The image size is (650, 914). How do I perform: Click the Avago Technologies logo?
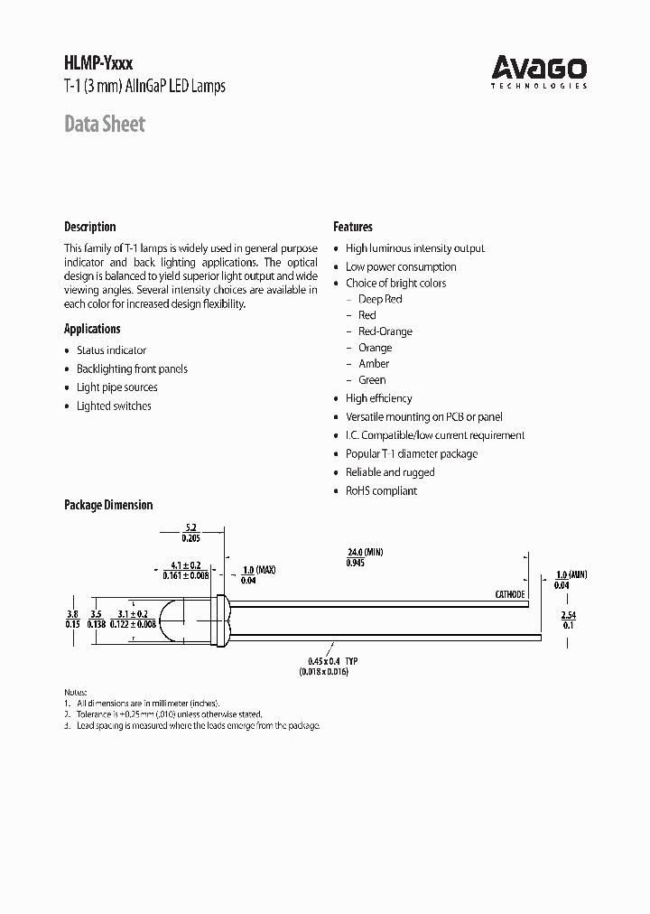tap(539, 71)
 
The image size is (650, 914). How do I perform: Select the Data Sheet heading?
tap(104, 124)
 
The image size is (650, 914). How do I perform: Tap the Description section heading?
tap(89, 227)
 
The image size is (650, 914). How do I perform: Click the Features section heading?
tap(352, 227)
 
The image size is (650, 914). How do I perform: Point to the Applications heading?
tap(92, 329)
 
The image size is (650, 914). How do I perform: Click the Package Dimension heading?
tap(107, 505)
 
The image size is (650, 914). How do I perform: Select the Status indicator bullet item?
tap(111, 350)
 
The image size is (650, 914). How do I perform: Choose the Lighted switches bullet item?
tap(114, 406)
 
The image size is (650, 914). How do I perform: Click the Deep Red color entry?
tap(380, 299)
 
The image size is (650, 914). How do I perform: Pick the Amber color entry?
tap(374, 364)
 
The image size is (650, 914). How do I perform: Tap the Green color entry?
tap(372, 380)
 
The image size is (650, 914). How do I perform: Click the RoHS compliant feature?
tap(381, 491)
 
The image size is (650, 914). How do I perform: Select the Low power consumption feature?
tap(401, 266)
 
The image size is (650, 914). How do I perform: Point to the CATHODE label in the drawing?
tap(509, 594)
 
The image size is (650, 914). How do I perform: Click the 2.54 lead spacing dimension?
tap(568, 614)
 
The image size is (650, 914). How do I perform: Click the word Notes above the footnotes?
tap(78, 691)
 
